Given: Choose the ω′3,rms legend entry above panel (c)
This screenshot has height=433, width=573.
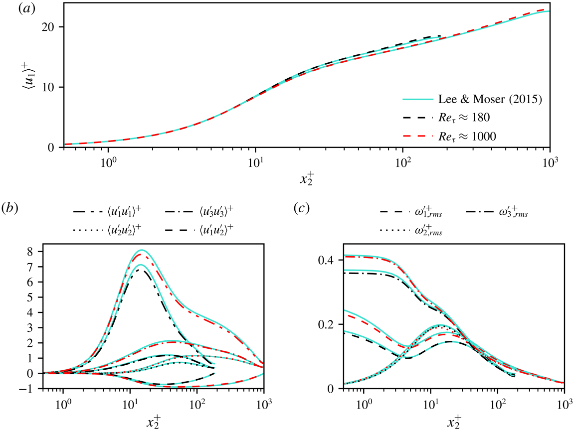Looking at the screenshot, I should [514, 214].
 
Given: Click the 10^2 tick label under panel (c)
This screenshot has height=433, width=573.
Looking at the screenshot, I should [497, 403].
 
